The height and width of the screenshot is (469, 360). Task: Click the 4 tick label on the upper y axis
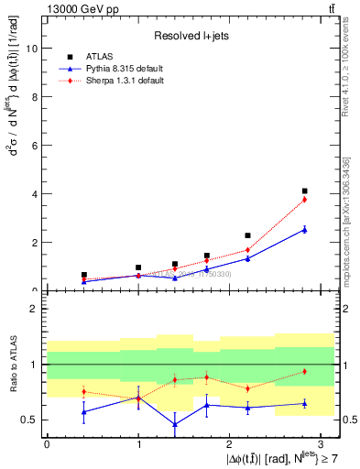click(x=35, y=194)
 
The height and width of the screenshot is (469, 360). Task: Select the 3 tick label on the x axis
click(x=321, y=443)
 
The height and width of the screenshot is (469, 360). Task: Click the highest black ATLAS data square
click(x=304, y=191)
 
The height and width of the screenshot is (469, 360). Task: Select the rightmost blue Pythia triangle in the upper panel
click(x=304, y=230)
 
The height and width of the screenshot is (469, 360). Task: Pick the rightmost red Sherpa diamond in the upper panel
click(x=304, y=200)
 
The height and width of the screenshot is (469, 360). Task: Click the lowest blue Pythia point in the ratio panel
click(x=175, y=424)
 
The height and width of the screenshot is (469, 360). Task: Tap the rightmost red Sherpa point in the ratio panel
click(x=304, y=371)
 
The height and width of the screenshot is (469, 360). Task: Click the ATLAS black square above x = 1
click(x=138, y=267)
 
